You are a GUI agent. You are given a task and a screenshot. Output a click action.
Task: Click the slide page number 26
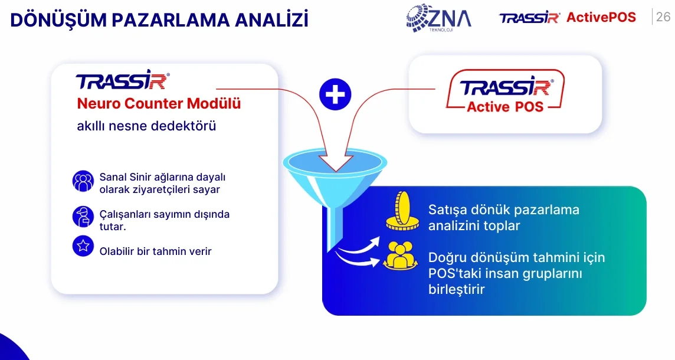(x=663, y=17)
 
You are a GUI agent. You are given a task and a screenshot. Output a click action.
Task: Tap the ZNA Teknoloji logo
(x=438, y=18)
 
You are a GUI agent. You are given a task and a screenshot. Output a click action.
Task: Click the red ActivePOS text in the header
(x=601, y=17)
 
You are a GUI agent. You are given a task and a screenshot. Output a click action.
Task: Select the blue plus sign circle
(x=335, y=94)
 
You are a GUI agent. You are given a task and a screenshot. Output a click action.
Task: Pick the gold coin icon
(x=402, y=211)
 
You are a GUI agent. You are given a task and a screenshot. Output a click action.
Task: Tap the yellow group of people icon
(x=401, y=256)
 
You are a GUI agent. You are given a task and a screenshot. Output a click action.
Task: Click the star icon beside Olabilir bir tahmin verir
(x=83, y=246)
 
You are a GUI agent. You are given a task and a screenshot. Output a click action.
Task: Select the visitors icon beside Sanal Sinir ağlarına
(x=83, y=181)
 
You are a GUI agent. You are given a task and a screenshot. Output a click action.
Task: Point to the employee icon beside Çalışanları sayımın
(x=83, y=216)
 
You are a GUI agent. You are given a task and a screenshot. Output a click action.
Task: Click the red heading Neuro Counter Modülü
(x=159, y=103)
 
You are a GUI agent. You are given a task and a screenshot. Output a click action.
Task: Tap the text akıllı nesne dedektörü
(x=146, y=126)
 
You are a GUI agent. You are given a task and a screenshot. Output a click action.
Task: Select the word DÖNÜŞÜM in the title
(x=58, y=20)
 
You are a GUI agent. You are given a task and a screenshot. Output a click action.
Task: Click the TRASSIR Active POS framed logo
(x=505, y=91)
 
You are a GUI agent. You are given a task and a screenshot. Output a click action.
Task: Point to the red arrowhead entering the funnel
(x=336, y=163)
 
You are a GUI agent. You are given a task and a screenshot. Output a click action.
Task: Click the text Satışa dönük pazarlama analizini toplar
(x=504, y=217)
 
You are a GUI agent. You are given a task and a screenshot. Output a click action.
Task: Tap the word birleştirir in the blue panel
(x=456, y=289)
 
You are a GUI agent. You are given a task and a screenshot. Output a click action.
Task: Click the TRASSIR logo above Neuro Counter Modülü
(x=123, y=80)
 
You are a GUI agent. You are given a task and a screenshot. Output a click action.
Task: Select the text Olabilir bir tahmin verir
(x=155, y=251)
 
